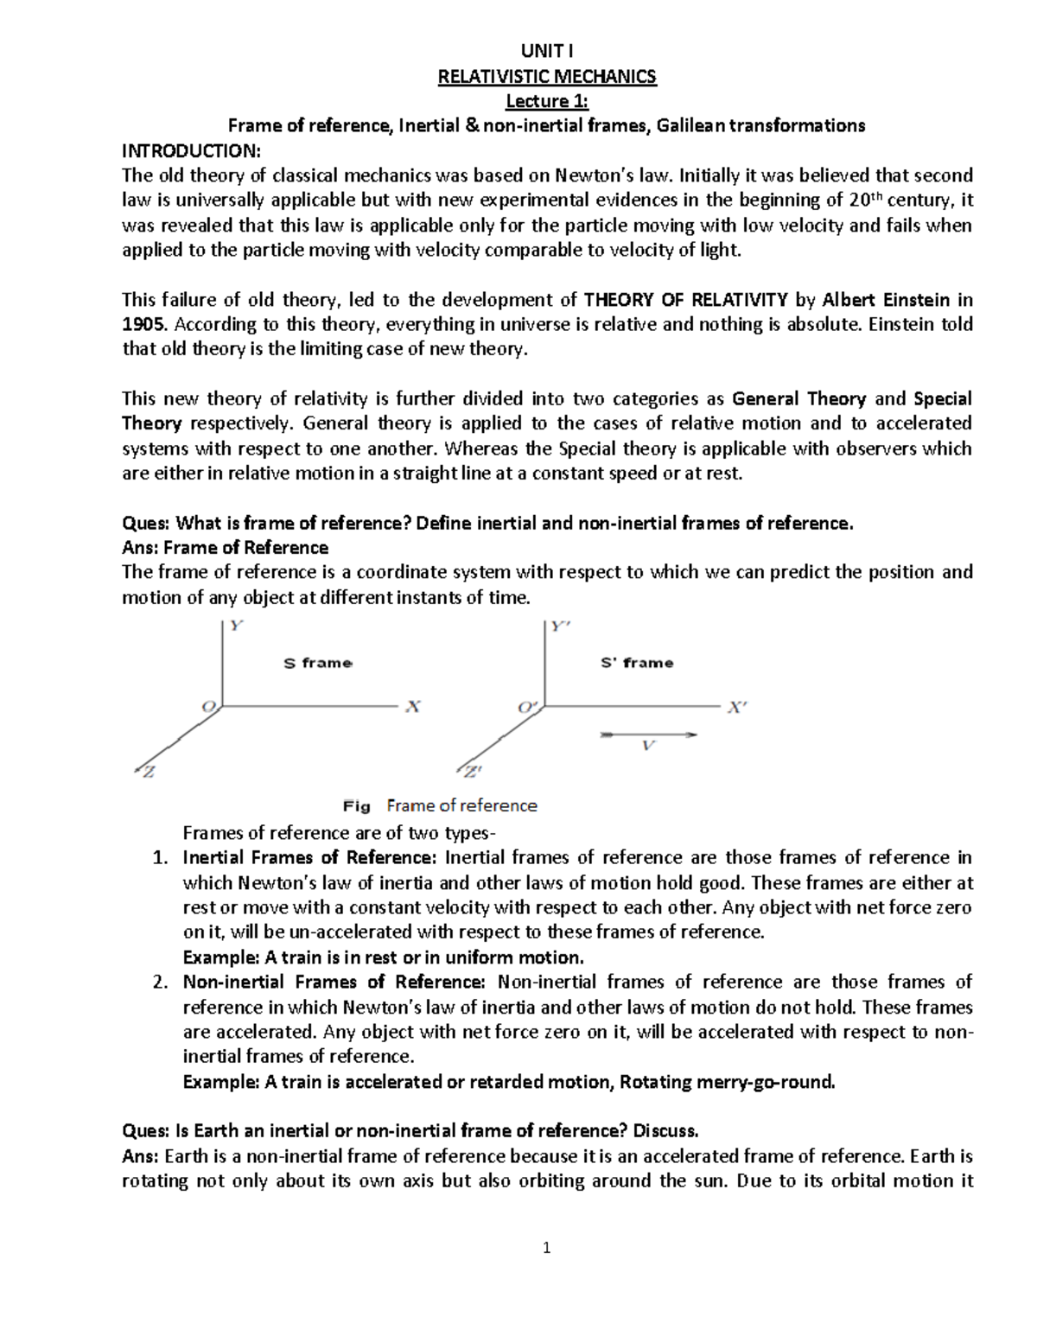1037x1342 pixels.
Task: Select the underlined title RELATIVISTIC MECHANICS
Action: pyautogui.click(x=547, y=76)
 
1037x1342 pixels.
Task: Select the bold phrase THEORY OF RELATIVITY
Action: pyautogui.click(x=685, y=300)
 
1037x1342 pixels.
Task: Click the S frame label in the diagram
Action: pyautogui.click(x=318, y=663)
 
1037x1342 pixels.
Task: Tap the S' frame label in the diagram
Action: pyautogui.click(x=637, y=663)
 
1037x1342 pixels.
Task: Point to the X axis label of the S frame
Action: pyautogui.click(x=413, y=707)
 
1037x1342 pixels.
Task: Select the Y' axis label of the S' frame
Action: pyautogui.click(x=561, y=628)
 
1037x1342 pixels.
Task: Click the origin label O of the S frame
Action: pyautogui.click(x=208, y=707)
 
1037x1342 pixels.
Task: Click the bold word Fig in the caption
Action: pyautogui.click(x=356, y=806)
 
